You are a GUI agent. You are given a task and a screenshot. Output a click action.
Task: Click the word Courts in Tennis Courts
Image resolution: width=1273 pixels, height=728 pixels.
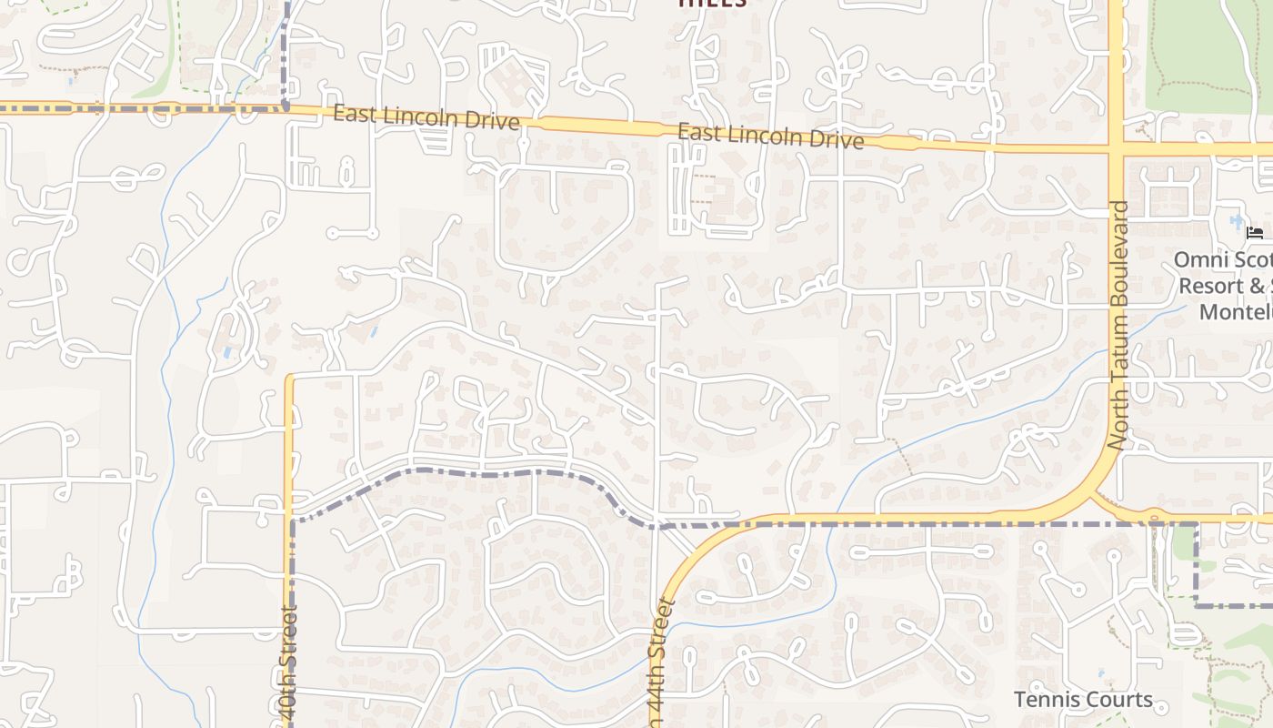tap(1122, 700)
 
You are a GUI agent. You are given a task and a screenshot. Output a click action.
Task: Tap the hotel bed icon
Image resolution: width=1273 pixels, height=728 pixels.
tap(1255, 233)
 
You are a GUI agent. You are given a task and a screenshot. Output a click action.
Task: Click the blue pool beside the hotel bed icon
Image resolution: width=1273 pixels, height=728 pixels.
tap(1236, 220)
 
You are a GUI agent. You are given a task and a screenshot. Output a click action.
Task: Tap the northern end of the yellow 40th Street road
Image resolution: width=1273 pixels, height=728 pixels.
tap(289, 377)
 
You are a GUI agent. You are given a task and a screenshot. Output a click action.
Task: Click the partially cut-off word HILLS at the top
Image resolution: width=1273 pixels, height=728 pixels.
tap(713, 4)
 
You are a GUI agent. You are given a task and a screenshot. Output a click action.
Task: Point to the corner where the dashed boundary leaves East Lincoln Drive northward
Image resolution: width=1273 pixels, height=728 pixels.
tap(286, 107)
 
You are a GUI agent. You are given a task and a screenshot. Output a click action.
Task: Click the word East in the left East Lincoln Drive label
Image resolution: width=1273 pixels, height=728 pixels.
tap(353, 114)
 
